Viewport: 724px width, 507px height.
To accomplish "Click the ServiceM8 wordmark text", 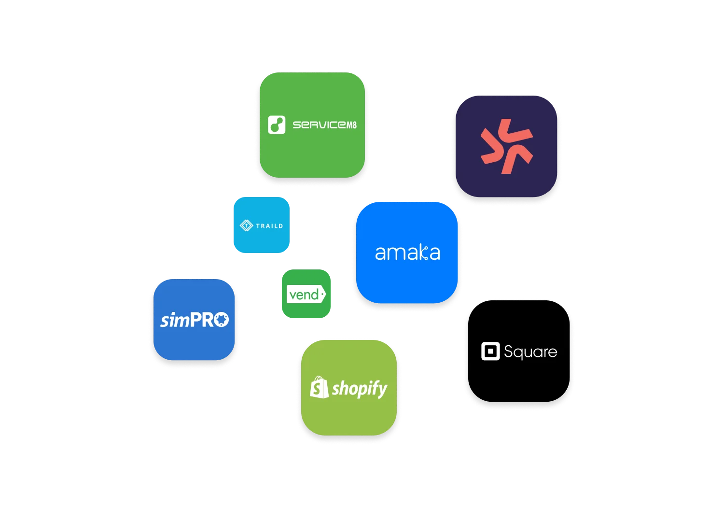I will (324, 125).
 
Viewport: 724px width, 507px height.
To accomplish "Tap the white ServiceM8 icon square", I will (277, 125).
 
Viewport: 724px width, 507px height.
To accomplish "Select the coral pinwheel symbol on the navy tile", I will (506, 146).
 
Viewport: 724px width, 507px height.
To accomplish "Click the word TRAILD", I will (269, 226).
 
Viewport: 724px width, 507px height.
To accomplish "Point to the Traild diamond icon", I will (246, 225).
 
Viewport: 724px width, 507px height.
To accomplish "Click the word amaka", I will (407, 253).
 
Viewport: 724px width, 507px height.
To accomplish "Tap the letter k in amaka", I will (423, 252).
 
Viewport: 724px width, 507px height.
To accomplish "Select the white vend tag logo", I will (306, 294).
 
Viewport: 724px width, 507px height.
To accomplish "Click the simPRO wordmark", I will (194, 320).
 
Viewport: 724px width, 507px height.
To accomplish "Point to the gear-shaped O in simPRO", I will (221, 320).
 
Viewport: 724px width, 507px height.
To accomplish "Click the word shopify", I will (360, 389).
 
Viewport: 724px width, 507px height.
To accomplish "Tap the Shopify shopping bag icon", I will (319, 387).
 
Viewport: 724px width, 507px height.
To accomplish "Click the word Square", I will (530, 352).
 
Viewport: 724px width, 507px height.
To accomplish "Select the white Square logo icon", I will (490, 352).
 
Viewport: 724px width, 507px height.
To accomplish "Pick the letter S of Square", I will (508, 352).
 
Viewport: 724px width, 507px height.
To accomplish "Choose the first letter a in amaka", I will (381, 253).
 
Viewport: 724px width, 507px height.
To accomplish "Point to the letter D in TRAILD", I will (280, 226).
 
